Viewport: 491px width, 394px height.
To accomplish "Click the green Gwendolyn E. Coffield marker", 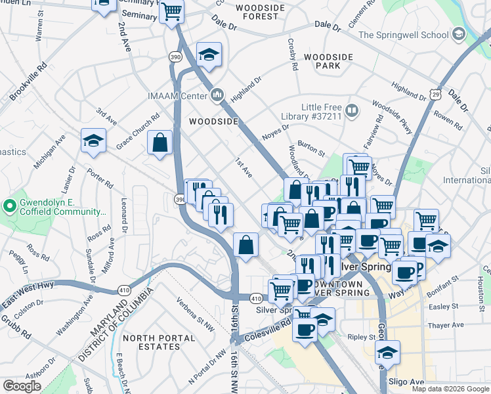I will click(x=9, y=207).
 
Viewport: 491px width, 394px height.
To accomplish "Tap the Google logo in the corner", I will click(x=22, y=385).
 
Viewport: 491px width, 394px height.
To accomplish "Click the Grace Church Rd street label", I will click(x=138, y=131).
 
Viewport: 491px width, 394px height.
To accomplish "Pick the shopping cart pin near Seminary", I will click(x=171, y=11).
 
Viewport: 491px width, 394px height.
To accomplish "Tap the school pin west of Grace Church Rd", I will click(x=93, y=140).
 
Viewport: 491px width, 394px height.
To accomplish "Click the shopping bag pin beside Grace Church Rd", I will click(x=160, y=142).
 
